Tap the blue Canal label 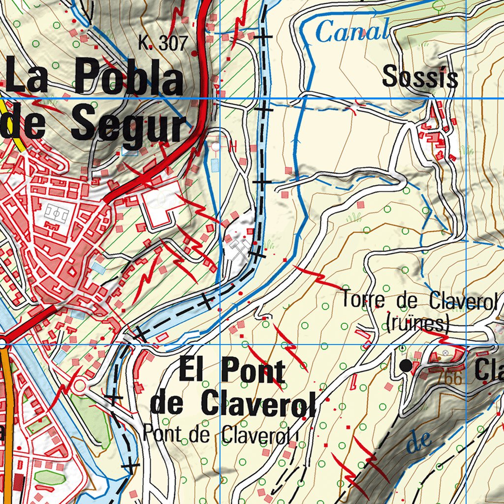(352, 32)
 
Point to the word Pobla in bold (129, 77)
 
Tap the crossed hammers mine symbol (239, 250)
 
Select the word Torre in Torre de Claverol (363, 300)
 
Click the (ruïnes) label (417, 324)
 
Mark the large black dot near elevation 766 (406, 365)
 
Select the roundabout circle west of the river (79, 386)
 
